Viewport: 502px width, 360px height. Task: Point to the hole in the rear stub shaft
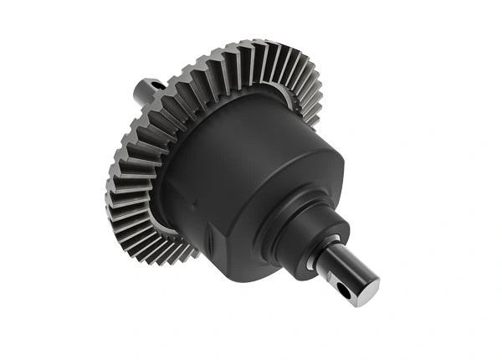[x=156, y=83]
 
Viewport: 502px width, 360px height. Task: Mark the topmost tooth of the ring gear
[x=251, y=46]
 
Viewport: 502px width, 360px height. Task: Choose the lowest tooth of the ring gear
[x=180, y=255]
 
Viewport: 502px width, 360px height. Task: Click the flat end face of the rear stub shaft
[x=138, y=88]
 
